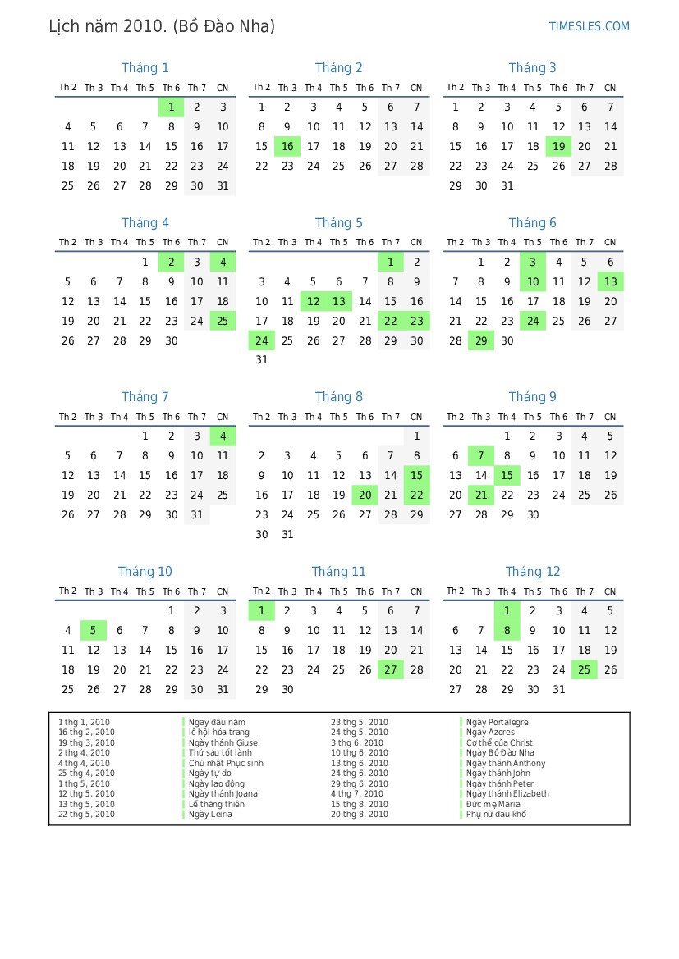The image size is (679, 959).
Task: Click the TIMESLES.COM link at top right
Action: (589, 26)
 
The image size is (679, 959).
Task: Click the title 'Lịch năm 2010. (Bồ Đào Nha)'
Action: (162, 26)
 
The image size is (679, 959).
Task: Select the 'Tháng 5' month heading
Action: (338, 223)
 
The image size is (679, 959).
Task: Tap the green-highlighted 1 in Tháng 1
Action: (171, 107)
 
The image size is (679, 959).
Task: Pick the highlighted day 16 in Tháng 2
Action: (287, 146)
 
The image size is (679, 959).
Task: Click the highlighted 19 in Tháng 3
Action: (558, 146)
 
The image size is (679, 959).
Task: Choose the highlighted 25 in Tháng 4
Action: (223, 321)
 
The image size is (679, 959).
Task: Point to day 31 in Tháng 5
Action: (261, 360)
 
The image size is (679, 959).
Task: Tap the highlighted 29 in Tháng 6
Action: (481, 340)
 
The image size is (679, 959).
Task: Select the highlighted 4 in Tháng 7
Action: (223, 436)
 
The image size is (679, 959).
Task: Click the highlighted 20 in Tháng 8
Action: (365, 495)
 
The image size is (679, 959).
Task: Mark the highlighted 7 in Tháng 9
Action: (481, 456)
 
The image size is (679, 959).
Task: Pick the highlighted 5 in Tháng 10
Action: (94, 630)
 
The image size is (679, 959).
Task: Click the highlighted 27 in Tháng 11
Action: (391, 669)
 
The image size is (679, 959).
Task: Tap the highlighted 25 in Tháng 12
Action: (585, 669)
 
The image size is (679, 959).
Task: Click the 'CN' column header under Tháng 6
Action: (610, 243)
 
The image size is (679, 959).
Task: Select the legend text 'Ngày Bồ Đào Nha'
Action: (500, 752)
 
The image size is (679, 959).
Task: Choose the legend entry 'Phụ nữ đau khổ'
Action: (496, 814)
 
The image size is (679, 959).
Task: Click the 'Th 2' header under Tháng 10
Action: (67, 591)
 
